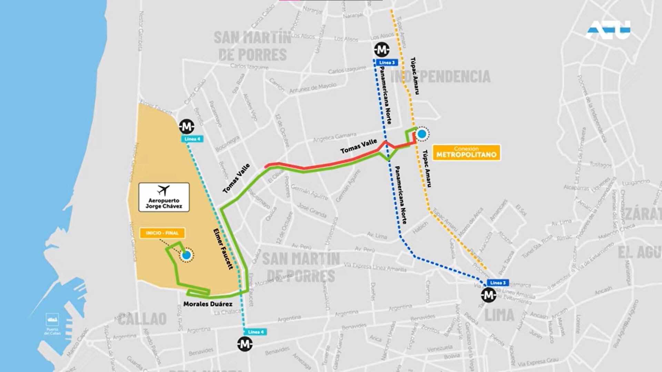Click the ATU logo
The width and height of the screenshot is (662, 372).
[608, 30]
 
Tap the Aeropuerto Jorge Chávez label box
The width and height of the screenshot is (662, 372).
[164, 197]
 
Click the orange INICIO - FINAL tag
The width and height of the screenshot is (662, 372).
[162, 233]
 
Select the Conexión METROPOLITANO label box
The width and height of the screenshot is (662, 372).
[466, 152]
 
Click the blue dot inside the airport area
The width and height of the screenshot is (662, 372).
[186, 255]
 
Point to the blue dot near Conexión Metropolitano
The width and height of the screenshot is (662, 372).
[422, 134]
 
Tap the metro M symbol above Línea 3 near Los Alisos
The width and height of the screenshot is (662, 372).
[381, 50]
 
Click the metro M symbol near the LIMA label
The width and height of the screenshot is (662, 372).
[489, 295]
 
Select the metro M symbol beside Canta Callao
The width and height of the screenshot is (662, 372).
[187, 127]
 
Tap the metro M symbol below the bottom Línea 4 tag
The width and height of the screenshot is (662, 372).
[245, 344]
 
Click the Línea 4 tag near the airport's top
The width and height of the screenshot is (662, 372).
[192, 139]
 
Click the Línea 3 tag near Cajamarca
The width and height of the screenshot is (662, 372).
[498, 283]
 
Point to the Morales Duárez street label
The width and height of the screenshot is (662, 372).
[208, 304]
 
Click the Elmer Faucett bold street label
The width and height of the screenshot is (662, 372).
[223, 248]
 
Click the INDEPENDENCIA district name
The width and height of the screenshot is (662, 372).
[441, 76]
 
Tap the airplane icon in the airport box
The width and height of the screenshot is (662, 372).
[163, 190]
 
